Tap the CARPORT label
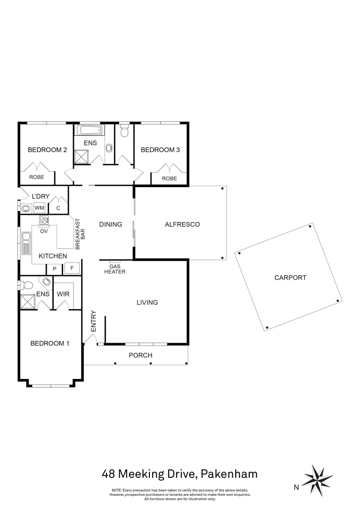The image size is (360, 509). click(x=290, y=278)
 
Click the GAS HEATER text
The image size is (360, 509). click(x=115, y=269)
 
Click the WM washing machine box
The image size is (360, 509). click(x=39, y=207)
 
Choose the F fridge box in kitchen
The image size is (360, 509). click(x=72, y=268)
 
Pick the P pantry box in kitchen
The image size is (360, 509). click(x=55, y=268)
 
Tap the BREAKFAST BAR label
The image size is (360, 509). click(x=80, y=233)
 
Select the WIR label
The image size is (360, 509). click(x=63, y=294)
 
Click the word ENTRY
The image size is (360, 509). click(x=93, y=321)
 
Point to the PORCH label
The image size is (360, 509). click(x=141, y=355)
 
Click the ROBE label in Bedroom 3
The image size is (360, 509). click(x=169, y=179)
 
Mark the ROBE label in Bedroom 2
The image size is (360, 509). click(x=37, y=178)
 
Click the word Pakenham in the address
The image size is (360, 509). click(x=229, y=473)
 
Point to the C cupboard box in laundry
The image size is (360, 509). click(x=58, y=207)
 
